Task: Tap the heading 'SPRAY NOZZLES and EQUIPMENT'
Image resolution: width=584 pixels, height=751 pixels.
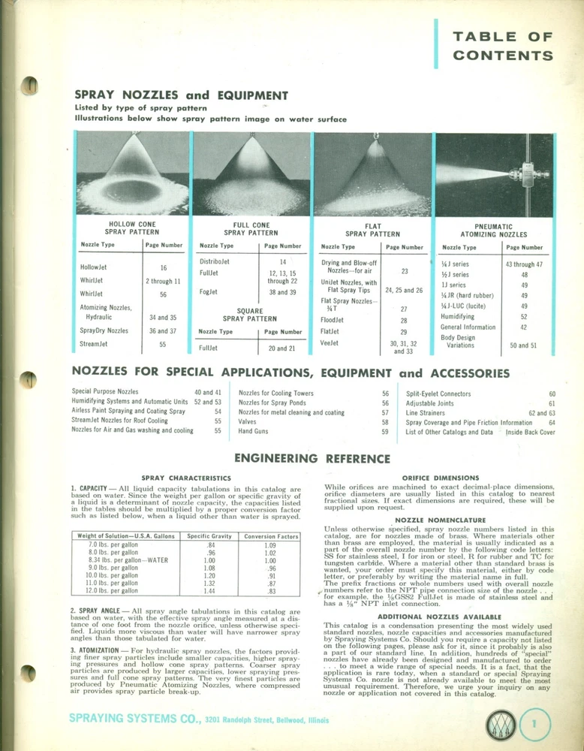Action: click(x=181, y=95)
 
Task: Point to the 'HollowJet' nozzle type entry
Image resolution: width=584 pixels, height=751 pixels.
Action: click(x=95, y=267)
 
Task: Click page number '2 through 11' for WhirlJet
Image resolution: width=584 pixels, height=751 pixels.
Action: click(x=163, y=281)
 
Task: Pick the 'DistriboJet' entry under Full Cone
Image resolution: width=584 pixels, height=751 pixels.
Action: click(x=215, y=261)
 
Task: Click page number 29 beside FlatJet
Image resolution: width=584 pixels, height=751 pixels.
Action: click(x=403, y=331)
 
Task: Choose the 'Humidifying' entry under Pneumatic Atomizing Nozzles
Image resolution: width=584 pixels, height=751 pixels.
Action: click(x=458, y=317)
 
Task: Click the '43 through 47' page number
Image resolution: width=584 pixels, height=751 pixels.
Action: click(x=524, y=264)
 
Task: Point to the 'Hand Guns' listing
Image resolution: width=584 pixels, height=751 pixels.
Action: click(x=254, y=432)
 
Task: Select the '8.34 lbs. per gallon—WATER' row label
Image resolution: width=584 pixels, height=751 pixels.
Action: click(x=119, y=560)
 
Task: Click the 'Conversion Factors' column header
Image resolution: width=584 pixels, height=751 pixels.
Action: click(x=260, y=536)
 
